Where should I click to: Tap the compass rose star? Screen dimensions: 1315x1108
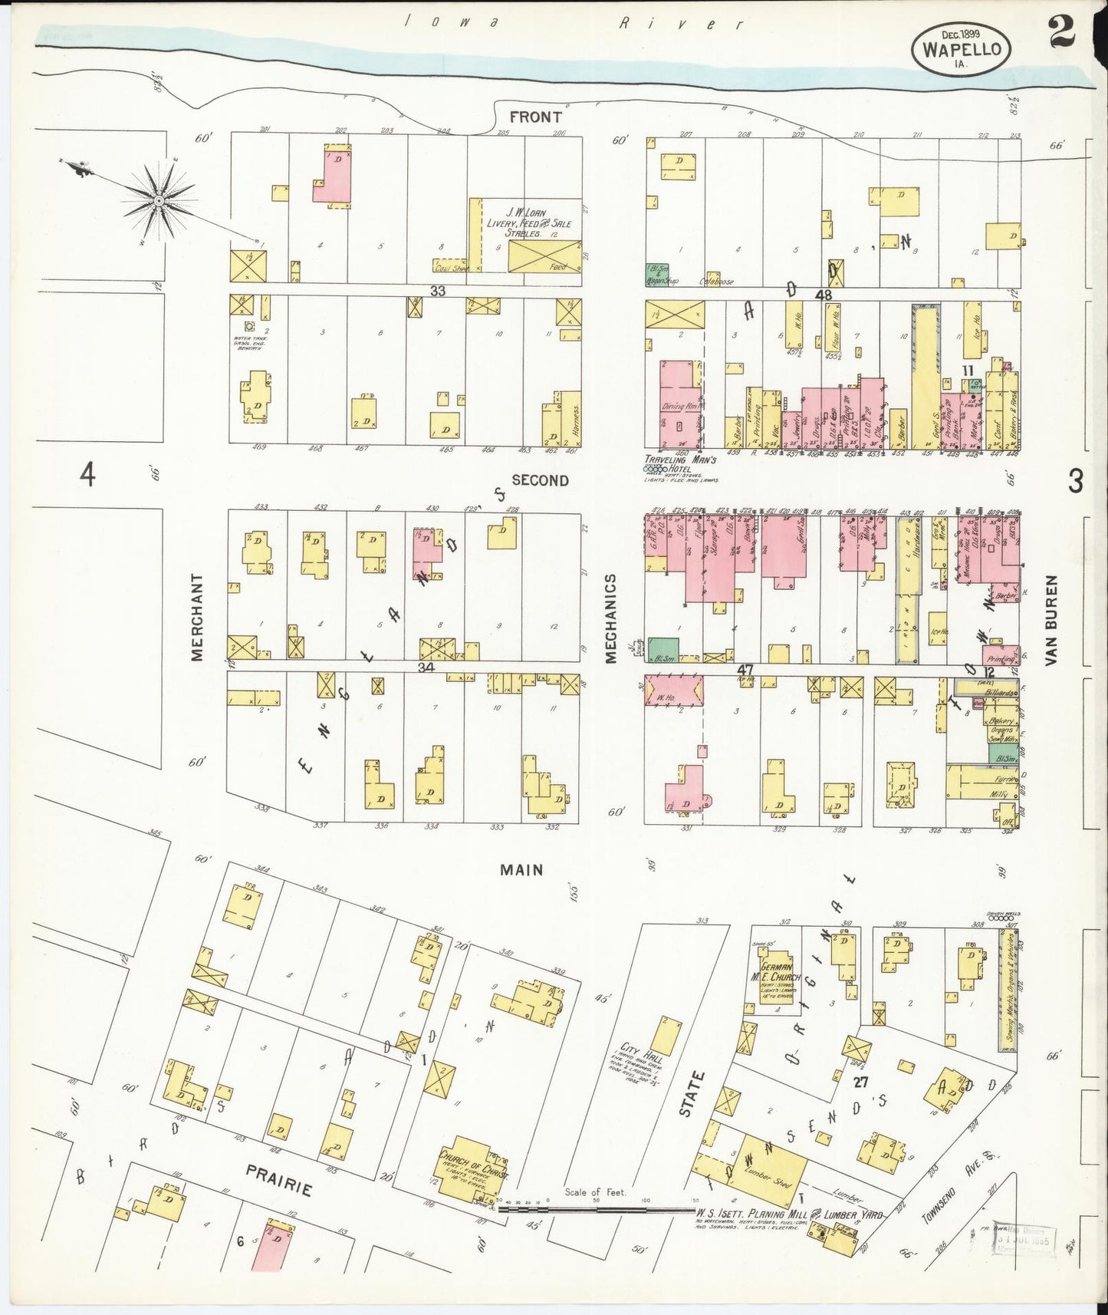coord(159,201)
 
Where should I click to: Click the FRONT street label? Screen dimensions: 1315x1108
coord(536,117)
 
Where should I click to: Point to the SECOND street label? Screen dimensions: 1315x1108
coord(540,480)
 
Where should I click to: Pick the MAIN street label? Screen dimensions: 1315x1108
coord(521,870)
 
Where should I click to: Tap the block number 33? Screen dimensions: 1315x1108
coord(437,291)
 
